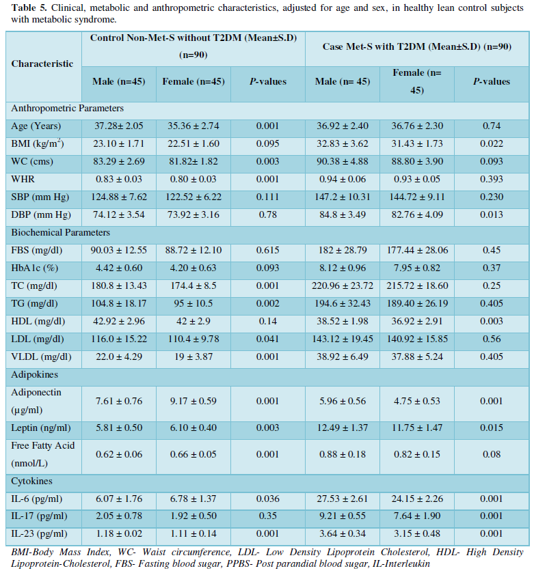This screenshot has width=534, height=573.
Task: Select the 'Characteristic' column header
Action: [x=42, y=64]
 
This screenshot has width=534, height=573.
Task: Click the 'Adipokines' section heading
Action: [x=34, y=374]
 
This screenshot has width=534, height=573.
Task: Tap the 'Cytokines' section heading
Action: [x=31, y=481]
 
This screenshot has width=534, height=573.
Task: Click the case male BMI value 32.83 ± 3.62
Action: [x=342, y=143]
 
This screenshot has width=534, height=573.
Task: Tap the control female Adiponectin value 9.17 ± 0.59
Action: [x=193, y=401]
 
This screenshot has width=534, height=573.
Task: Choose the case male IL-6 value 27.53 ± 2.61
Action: [x=342, y=499]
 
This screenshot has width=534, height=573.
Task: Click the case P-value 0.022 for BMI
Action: [x=491, y=143]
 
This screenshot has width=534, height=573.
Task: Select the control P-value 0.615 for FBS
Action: [x=268, y=250]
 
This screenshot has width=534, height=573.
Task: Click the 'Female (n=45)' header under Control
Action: [x=193, y=81]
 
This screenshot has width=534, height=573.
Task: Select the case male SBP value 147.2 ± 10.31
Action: [x=342, y=197]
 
